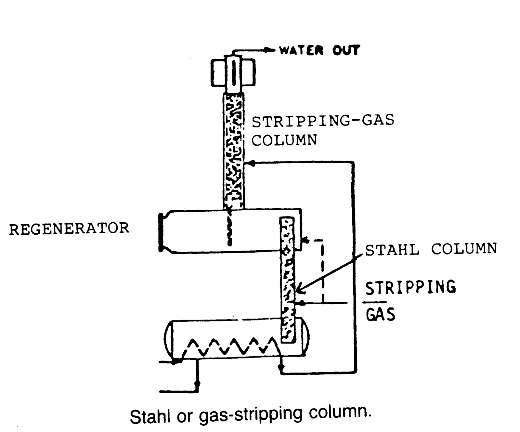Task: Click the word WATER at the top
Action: click(x=301, y=51)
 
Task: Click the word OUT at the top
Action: click(x=346, y=51)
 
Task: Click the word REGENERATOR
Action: click(x=69, y=229)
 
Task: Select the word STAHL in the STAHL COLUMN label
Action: click(x=392, y=250)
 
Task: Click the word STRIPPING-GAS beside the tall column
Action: click(x=323, y=121)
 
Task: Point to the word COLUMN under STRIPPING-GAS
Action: click(x=284, y=140)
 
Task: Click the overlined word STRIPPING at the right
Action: click(x=410, y=288)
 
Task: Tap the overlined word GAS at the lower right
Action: click(x=381, y=314)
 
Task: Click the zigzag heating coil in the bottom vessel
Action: click(x=227, y=348)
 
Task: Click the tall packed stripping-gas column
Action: click(x=234, y=150)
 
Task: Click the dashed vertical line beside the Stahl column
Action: click(x=323, y=270)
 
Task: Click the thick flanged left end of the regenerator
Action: click(x=161, y=232)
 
